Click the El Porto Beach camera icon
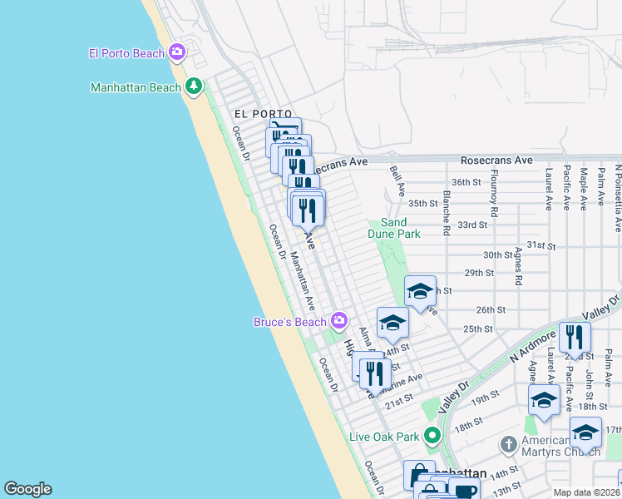point(176,53)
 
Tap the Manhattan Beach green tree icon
point(194,86)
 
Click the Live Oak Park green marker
point(432,436)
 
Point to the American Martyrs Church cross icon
point(510,445)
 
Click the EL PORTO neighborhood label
point(262,114)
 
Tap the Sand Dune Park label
point(393,228)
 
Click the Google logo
point(28,488)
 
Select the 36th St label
point(466,182)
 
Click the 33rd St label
point(472,225)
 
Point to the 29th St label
point(479,273)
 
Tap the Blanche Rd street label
point(447,211)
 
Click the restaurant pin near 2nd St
point(575,338)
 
